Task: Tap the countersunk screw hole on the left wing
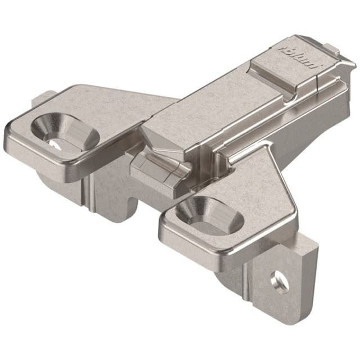(x=56, y=131)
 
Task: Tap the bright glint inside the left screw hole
(x=54, y=143)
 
